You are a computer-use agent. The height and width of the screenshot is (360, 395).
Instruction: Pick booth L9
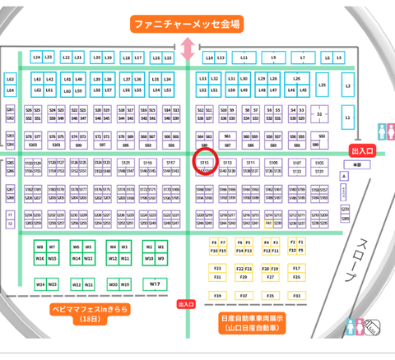(x=273, y=58)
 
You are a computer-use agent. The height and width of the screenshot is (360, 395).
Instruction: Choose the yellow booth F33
(x=218, y=267)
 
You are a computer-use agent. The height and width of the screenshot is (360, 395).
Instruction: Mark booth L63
(x=11, y=78)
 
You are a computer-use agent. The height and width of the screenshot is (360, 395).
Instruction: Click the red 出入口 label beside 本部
(x=362, y=151)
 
